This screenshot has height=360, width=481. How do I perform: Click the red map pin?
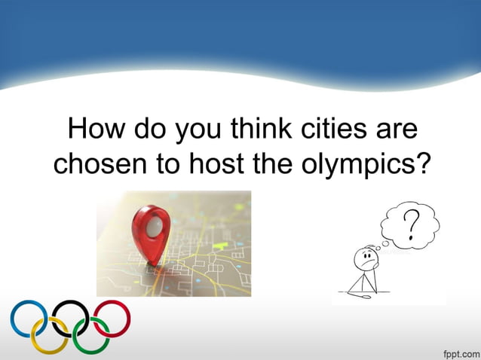[x=149, y=231]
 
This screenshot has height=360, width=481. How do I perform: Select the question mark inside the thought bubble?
[x=412, y=224]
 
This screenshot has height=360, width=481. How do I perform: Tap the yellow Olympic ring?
[x=49, y=335]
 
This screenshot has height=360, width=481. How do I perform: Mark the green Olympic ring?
[x=91, y=335]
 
